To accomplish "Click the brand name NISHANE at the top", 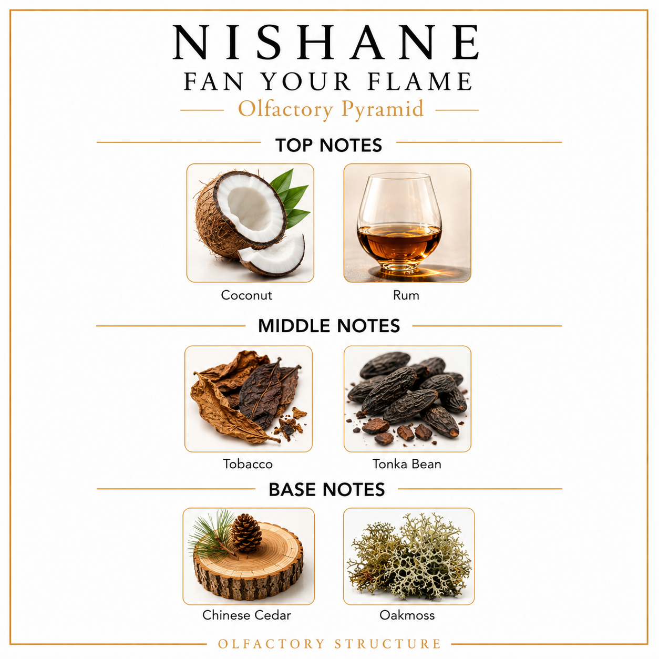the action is (x=326, y=43).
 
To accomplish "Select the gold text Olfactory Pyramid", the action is (x=331, y=109).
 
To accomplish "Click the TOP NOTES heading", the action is (x=328, y=145).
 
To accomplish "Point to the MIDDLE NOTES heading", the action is (x=329, y=326).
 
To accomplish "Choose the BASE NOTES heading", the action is (x=327, y=489).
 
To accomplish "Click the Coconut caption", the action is (x=246, y=295).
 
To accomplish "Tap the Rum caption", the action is (x=406, y=295).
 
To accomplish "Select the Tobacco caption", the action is (x=248, y=464).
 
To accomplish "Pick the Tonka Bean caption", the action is (x=407, y=464).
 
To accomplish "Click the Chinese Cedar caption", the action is (x=246, y=615).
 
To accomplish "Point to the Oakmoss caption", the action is (x=407, y=615).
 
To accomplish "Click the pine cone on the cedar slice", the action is (x=246, y=533).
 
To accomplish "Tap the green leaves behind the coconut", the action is (x=291, y=198).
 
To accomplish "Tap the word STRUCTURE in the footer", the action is (x=388, y=644).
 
